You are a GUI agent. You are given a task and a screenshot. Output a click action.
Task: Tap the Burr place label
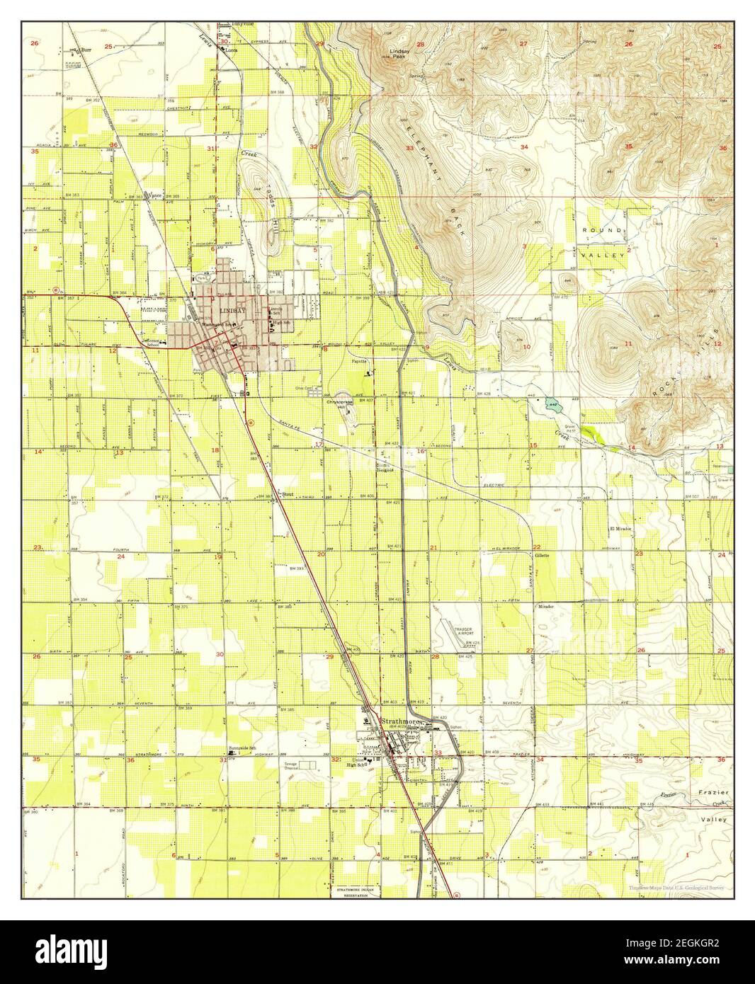coord(86,50)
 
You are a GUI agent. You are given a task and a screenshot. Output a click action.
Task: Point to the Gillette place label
coord(543,555)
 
